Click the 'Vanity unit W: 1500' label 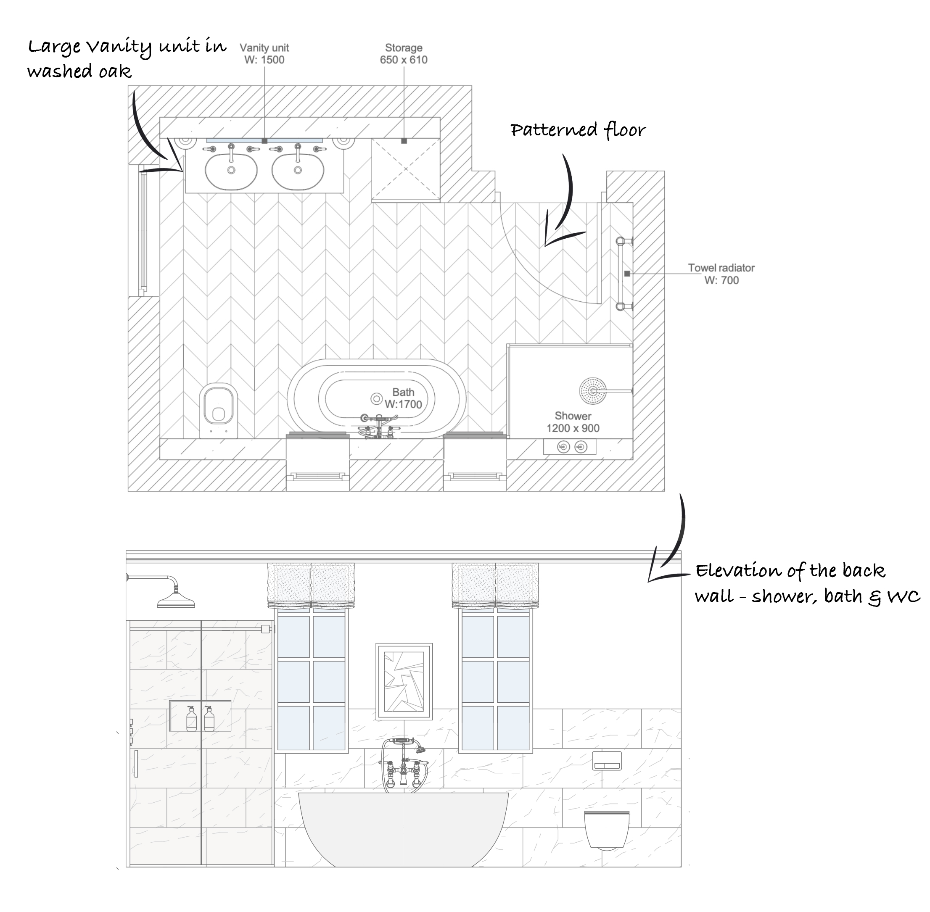[x=264, y=54]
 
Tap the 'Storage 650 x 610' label [x=404, y=54]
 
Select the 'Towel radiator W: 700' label [x=721, y=274]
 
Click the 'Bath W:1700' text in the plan [x=403, y=398]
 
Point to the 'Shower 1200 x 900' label [x=573, y=422]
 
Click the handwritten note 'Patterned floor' [x=578, y=130]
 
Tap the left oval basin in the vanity [x=231, y=171]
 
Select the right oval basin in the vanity [x=298, y=171]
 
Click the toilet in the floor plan [x=219, y=410]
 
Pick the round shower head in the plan [x=593, y=391]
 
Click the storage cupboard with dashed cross [x=405, y=169]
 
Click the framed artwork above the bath [x=404, y=681]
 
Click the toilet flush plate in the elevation [x=607, y=760]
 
